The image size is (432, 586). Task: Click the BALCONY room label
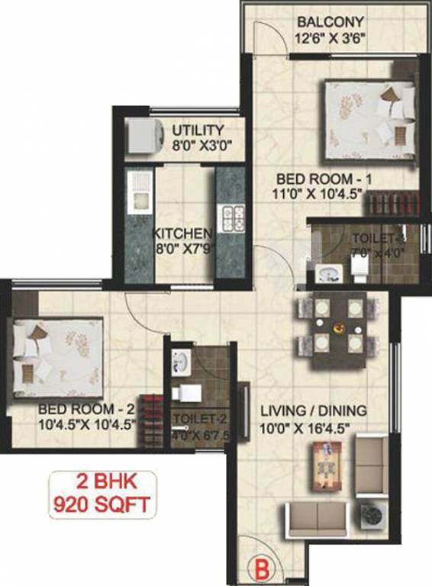[x=330, y=21]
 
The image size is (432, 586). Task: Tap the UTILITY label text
[x=198, y=130]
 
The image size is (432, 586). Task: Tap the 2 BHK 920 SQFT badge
[x=102, y=493]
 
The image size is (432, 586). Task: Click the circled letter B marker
[x=261, y=568]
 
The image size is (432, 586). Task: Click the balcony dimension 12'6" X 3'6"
[x=330, y=37]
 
